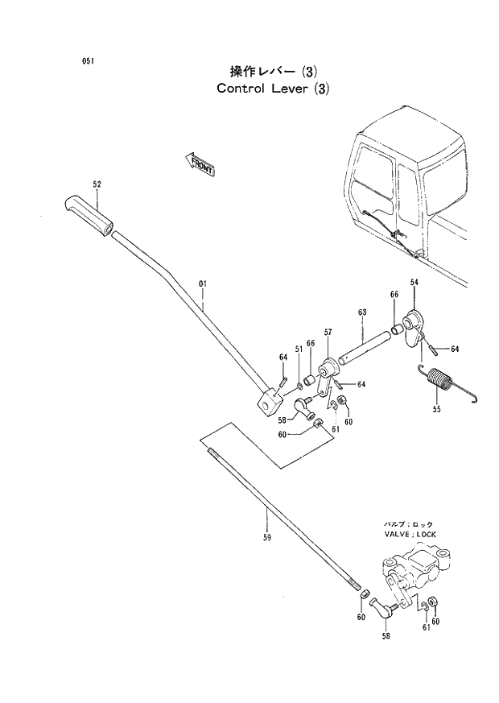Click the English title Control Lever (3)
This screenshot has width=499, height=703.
[x=273, y=89]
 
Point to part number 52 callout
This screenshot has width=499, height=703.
[x=97, y=184]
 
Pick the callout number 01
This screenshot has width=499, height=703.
[x=203, y=283]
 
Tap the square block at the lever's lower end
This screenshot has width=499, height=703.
[x=271, y=399]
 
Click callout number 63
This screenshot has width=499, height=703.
[x=362, y=312]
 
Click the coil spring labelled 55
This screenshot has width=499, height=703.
[x=439, y=378]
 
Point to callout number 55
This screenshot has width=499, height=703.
[x=437, y=410]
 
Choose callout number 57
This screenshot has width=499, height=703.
[x=328, y=332]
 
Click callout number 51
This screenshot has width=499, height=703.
[x=298, y=349]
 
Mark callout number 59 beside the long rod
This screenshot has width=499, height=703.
[x=266, y=538]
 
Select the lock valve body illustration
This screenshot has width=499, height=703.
[x=414, y=571]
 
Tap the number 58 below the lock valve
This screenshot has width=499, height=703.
[x=385, y=637]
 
